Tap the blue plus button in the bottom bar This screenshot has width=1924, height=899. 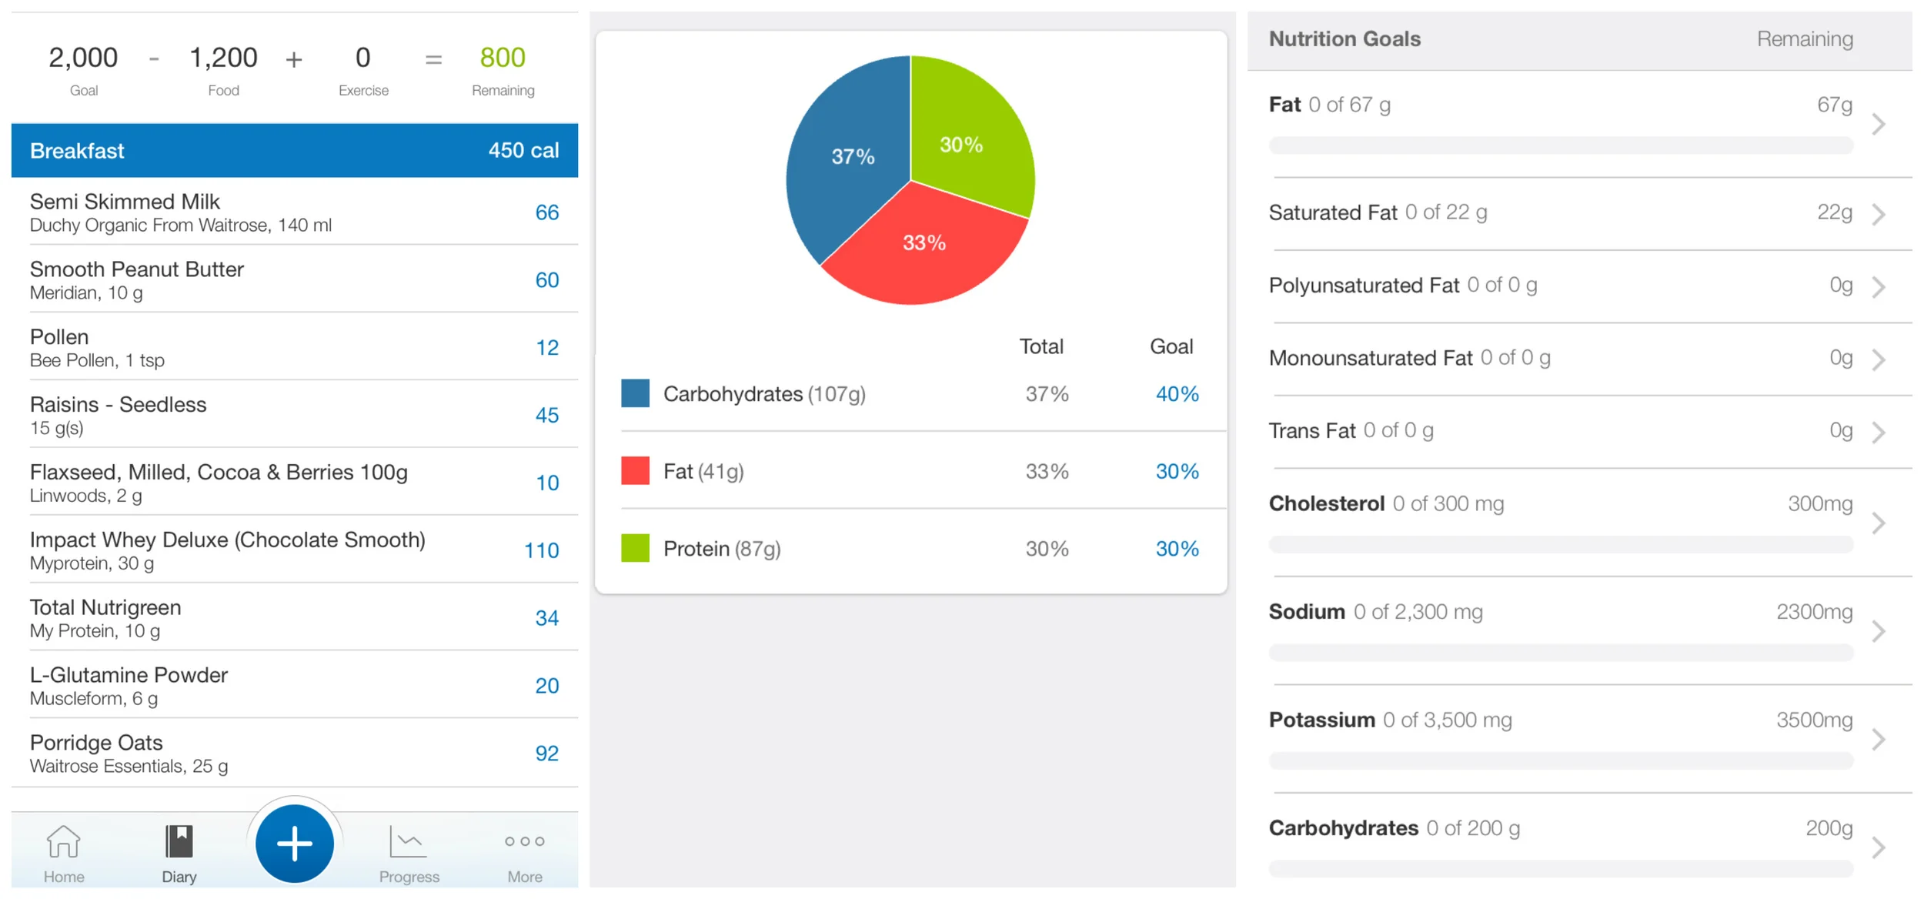[294, 844]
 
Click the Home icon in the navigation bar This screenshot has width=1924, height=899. [63, 841]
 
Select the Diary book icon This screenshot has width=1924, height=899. [179, 841]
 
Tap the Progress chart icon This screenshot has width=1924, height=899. [408, 841]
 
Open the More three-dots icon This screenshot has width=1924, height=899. [525, 841]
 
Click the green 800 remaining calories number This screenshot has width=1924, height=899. [503, 58]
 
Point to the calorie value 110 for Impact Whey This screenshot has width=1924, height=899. [541, 550]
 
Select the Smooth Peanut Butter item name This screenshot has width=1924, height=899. [137, 269]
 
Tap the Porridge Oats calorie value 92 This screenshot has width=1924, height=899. [546, 753]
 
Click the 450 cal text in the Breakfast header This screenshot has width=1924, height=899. [523, 150]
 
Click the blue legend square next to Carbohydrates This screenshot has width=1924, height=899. [635, 393]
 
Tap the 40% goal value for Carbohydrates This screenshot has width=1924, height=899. [1177, 394]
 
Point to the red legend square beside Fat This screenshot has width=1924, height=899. [635, 470]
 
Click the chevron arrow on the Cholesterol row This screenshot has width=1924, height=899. [1879, 523]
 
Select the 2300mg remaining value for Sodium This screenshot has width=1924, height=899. [1814, 612]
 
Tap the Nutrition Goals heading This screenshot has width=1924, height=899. [1344, 39]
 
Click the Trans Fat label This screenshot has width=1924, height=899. [1311, 431]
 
